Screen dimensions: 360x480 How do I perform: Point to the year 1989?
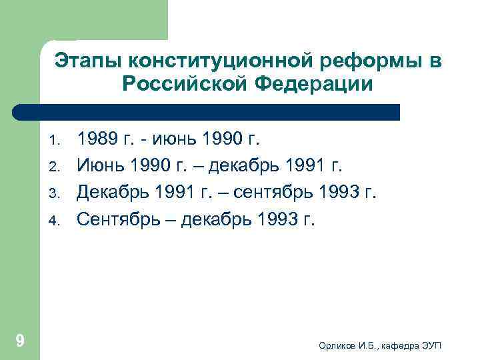coord(97,139)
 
